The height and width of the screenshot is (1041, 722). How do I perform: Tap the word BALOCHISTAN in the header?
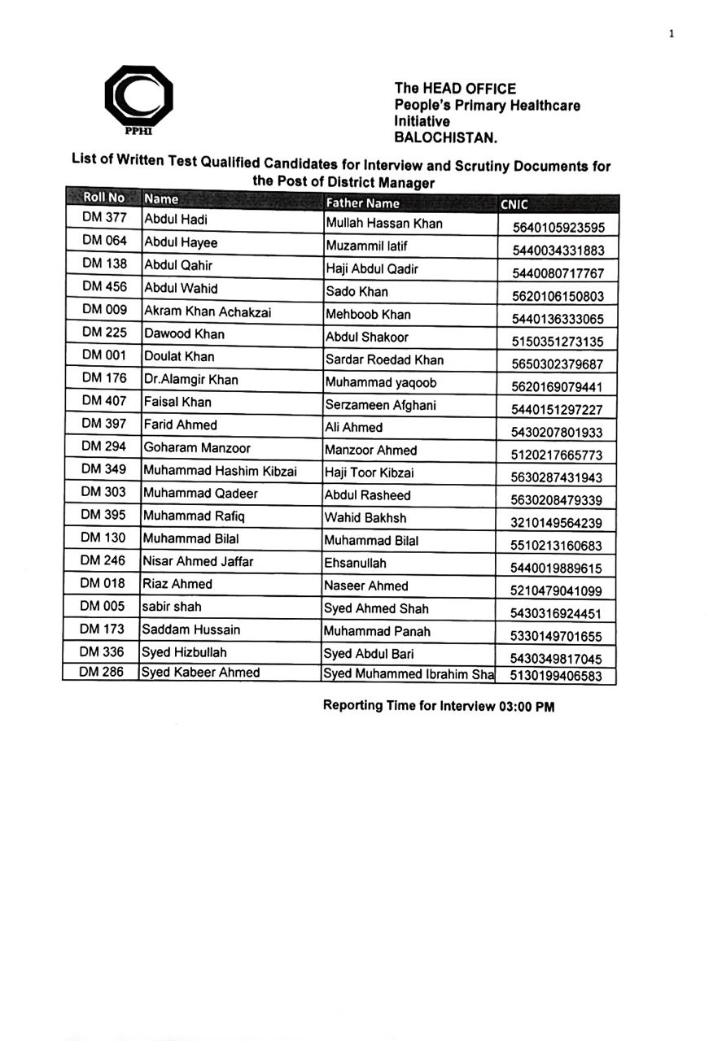tap(445, 137)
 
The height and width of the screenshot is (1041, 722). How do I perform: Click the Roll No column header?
tap(103, 198)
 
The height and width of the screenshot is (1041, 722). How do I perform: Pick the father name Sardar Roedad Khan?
tap(384, 359)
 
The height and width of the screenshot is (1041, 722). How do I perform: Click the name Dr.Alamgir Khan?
tap(191, 380)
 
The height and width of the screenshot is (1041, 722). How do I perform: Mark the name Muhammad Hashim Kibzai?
tap(220, 470)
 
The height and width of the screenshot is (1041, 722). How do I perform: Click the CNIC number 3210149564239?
tap(557, 524)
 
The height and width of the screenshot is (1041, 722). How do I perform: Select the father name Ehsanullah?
tap(356, 563)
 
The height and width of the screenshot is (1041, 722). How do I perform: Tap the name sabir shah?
tap(172, 607)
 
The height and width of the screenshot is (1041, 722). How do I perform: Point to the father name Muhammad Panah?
tap(378, 631)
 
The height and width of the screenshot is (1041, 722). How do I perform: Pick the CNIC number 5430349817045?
tap(557, 660)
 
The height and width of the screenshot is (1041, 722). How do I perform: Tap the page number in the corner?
tap(672, 33)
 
